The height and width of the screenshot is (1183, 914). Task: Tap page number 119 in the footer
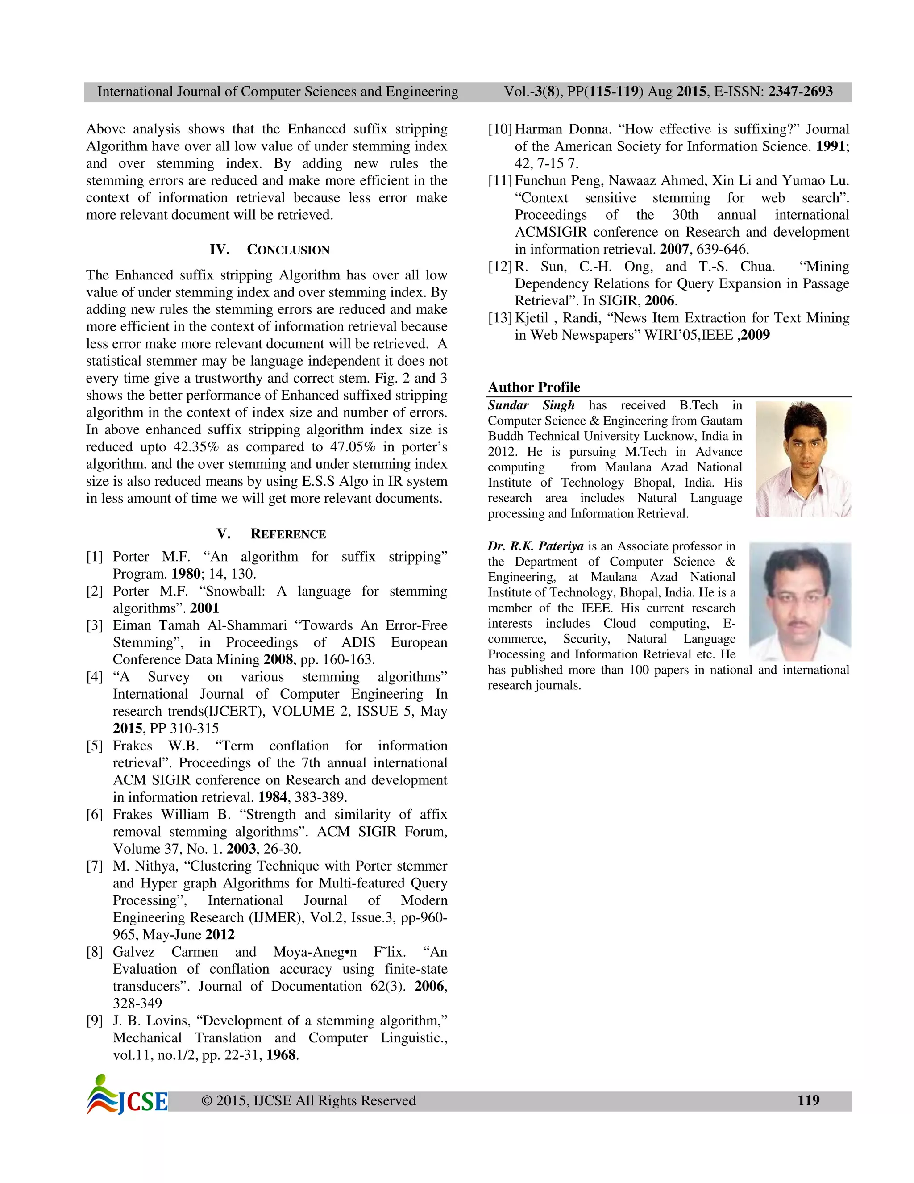point(808,1100)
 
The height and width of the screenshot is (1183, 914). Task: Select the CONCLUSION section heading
point(287,250)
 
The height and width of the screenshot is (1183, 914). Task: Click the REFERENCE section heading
point(287,534)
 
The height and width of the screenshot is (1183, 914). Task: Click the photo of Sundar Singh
point(802,459)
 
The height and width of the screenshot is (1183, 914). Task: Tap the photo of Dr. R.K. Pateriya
point(799,601)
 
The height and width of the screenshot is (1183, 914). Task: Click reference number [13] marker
point(500,318)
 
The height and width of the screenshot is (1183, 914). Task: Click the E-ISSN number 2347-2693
point(800,92)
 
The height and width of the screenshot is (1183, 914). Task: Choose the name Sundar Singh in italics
point(531,406)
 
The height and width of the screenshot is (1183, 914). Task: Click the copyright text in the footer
point(308,1101)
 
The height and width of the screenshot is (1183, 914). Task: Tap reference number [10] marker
point(500,129)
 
